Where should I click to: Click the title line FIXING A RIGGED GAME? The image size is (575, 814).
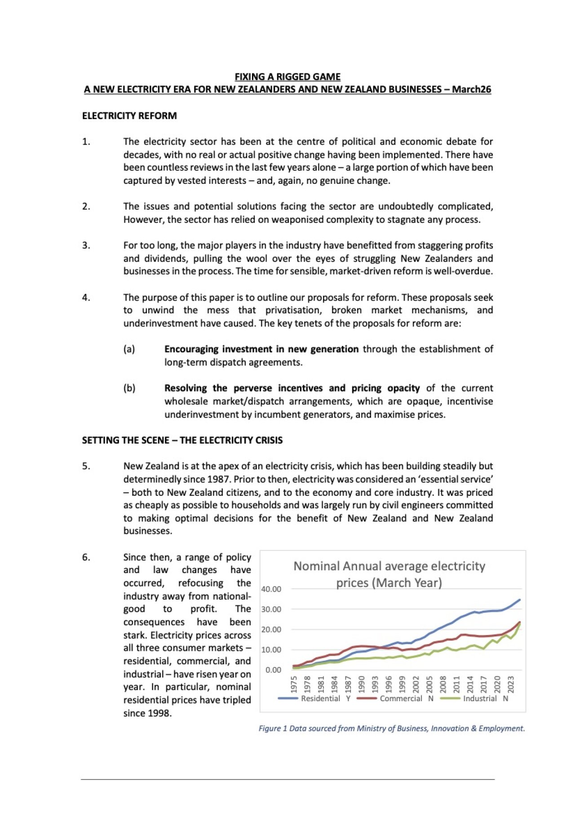tap(287, 77)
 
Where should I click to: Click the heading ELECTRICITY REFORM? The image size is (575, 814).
tap(129, 116)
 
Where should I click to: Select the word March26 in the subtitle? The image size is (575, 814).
tap(471, 89)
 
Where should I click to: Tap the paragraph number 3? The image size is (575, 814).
tap(86, 245)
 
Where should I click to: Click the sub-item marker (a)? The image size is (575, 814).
tap(129, 349)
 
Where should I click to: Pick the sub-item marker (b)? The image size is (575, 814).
tap(129, 388)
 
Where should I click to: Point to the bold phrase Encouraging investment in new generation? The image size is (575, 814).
tap(261, 349)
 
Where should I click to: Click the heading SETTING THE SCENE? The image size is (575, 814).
tap(182, 440)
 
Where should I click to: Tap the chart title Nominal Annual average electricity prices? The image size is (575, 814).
tap(389, 574)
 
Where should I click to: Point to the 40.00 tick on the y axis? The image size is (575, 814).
tap(271, 589)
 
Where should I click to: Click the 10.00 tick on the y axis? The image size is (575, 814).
tap(271, 650)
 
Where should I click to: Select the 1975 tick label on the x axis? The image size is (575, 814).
tap(294, 684)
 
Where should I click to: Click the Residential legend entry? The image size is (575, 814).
tap(320, 699)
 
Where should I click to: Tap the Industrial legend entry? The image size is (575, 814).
tap(480, 699)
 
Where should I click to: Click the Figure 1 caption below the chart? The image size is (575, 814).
tap(391, 729)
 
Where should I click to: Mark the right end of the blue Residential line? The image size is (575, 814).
tap(520, 600)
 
